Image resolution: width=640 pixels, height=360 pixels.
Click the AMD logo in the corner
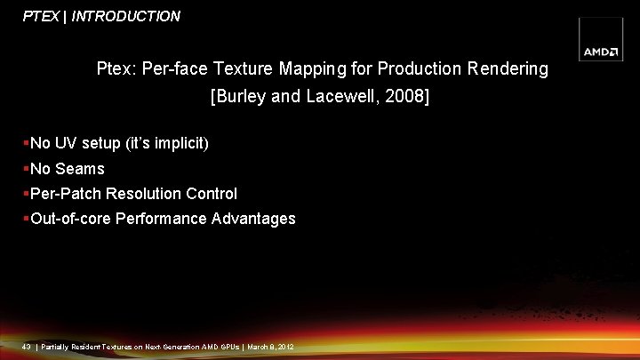pos(602,52)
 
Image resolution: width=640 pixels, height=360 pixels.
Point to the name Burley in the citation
pos(239,96)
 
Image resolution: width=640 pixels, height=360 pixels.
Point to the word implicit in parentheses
pos(178,143)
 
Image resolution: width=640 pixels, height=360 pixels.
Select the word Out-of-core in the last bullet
pos(71,218)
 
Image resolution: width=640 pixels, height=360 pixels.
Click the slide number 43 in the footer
pos(27,346)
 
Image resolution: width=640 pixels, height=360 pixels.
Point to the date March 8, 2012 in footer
pos(270,346)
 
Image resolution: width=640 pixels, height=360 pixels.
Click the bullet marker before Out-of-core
pos(27,218)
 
